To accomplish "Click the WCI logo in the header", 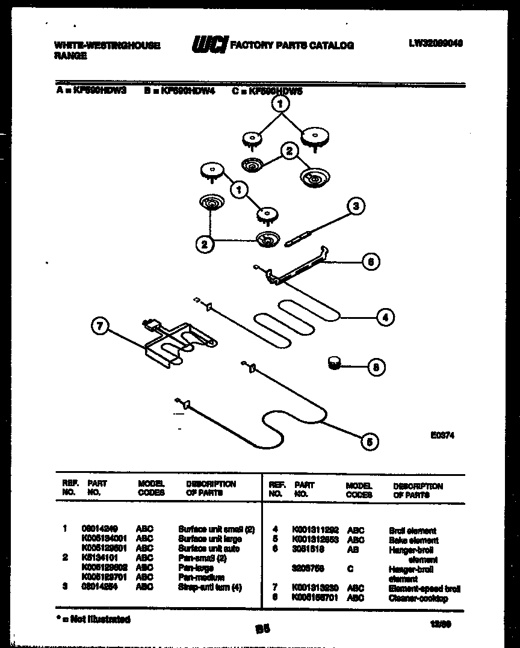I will pyautogui.click(x=209, y=44).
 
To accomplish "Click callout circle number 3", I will pyautogui.click(x=356, y=206).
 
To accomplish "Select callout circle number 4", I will pyautogui.click(x=385, y=317).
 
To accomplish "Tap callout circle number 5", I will pyautogui.click(x=370, y=442).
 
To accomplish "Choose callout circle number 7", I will pyautogui.click(x=99, y=327).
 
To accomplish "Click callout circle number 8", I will pyautogui.click(x=376, y=366).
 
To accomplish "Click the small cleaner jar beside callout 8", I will pyautogui.click(x=333, y=362).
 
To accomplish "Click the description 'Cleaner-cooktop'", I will pyautogui.click(x=418, y=599).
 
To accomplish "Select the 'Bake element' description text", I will pyautogui.click(x=413, y=540).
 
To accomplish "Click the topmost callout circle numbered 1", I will pyautogui.click(x=280, y=104).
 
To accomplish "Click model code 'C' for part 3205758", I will pyautogui.click(x=350, y=569).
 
